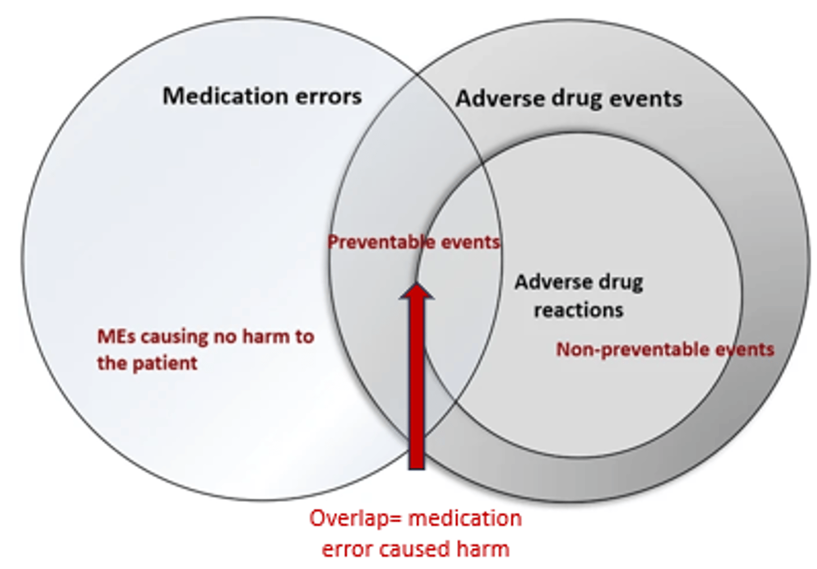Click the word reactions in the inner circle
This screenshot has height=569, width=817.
coord(578,310)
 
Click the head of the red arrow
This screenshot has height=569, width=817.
coord(417,292)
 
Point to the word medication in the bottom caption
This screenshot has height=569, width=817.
coord(465,518)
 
